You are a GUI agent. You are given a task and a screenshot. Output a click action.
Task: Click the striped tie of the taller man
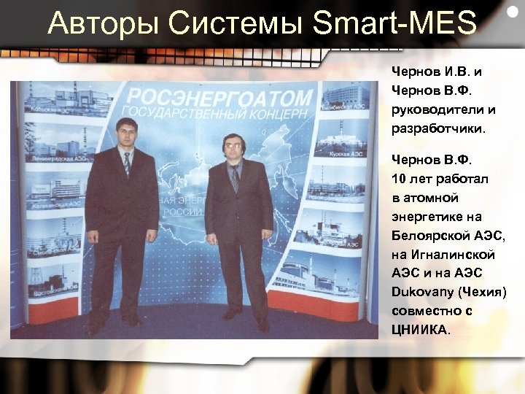pyautogui.click(x=127, y=165)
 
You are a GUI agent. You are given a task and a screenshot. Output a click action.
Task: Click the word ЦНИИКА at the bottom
pyautogui.click(x=419, y=330)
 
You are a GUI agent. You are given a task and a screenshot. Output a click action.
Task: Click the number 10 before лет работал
pyautogui.click(x=398, y=179)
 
